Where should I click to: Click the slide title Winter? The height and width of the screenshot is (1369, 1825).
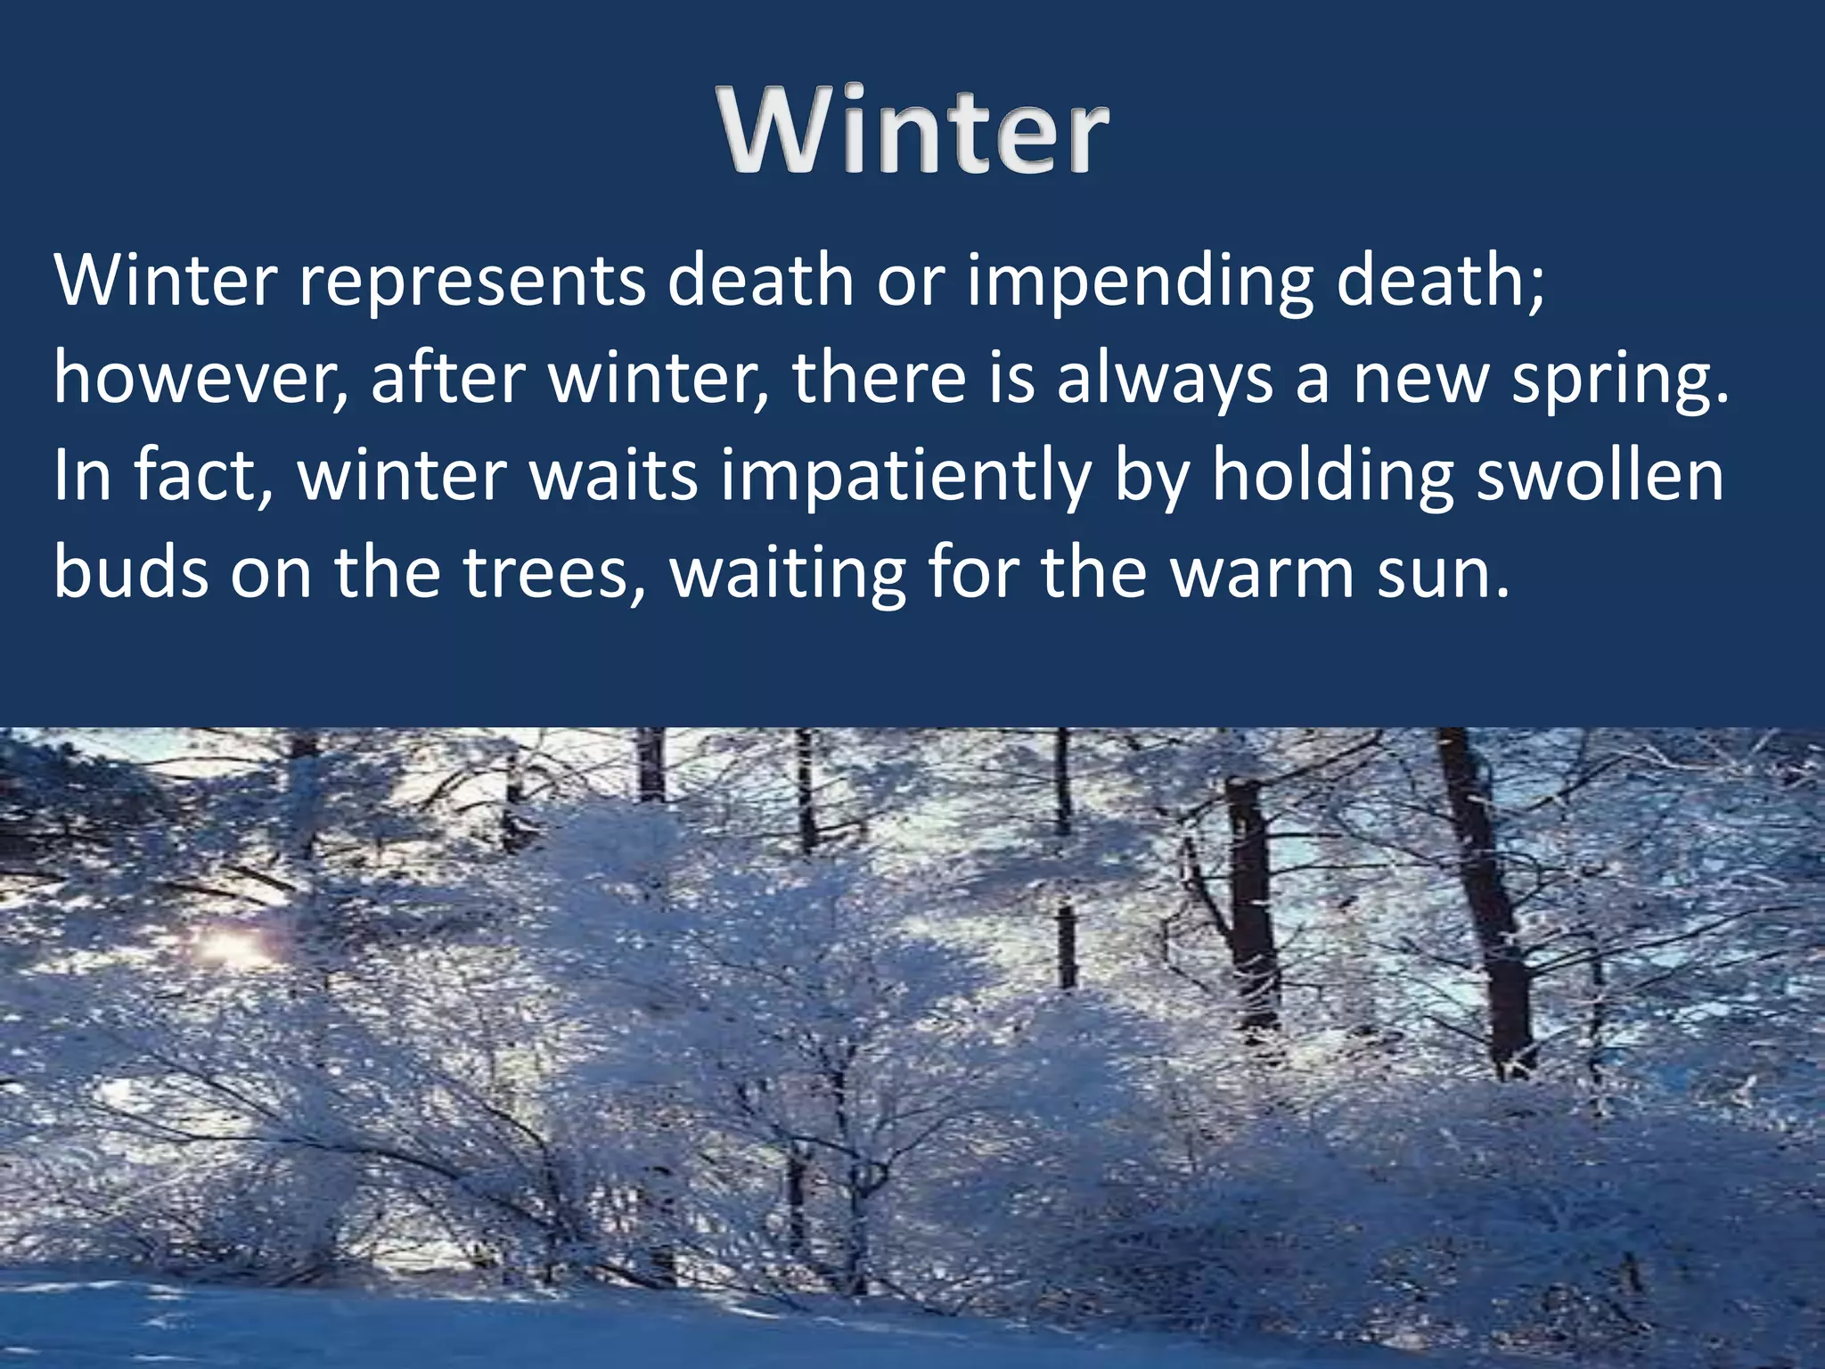915,131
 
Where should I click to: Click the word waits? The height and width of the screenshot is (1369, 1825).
614,477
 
